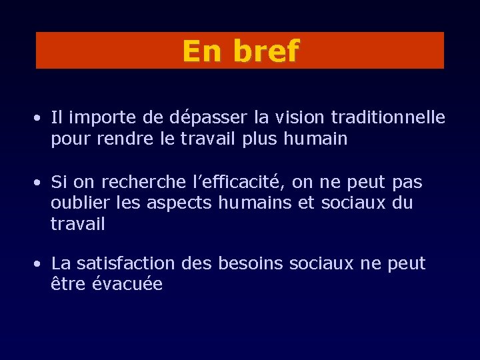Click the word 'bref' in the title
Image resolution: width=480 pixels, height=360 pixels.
tap(265, 51)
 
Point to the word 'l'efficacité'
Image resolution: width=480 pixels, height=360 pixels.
tap(229, 182)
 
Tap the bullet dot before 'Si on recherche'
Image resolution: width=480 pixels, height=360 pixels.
tap(40, 183)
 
